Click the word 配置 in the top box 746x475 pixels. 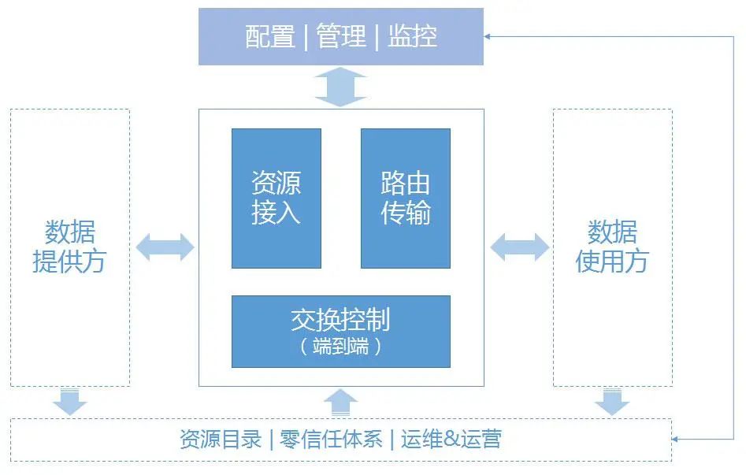[x=269, y=37]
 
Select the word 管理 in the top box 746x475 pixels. [x=341, y=37]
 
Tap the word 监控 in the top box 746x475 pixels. [x=412, y=37]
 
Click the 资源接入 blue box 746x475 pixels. [x=276, y=199]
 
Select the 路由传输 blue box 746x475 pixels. [x=406, y=199]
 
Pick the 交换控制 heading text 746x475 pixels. [x=340, y=320]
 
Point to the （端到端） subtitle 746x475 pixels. [x=340, y=347]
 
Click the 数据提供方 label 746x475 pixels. [x=69, y=247]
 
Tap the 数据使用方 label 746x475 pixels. [x=612, y=247]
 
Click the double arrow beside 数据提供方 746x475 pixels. [x=165, y=247]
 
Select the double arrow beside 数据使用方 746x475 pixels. [x=519, y=247]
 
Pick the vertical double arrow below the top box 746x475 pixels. [x=340, y=87]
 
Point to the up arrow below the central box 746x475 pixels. [x=340, y=403]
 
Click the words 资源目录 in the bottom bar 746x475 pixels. [x=221, y=440]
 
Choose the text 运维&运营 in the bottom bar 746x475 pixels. [x=451, y=440]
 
